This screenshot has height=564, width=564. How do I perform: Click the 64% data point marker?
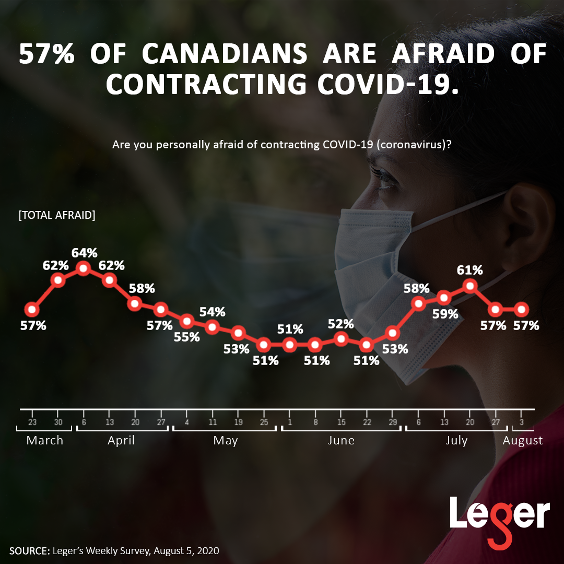tap(84, 268)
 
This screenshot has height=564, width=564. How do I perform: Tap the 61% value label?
tap(470, 271)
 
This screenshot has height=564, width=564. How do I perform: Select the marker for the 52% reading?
tap(341, 338)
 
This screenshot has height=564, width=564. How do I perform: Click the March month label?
tap(45, 440)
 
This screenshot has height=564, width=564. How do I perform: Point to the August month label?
tap(522, 440)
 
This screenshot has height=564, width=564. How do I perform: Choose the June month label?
tap(341, 440)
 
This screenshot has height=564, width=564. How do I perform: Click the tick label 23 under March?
tap(32, 422)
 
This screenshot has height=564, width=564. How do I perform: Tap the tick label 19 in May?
tap(238, 422)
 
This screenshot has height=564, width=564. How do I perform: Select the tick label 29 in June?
tap(393, 422)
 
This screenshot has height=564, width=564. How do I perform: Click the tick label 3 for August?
tap(521, 422)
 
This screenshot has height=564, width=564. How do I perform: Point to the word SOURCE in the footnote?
tap(29, 551)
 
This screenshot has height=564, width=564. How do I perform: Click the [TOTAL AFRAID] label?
tap(57, 215)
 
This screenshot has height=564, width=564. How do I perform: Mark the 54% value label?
tap(213, 312)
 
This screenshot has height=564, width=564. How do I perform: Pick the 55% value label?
tap(187, 337)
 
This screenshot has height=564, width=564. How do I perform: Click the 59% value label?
tap(445, 314)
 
